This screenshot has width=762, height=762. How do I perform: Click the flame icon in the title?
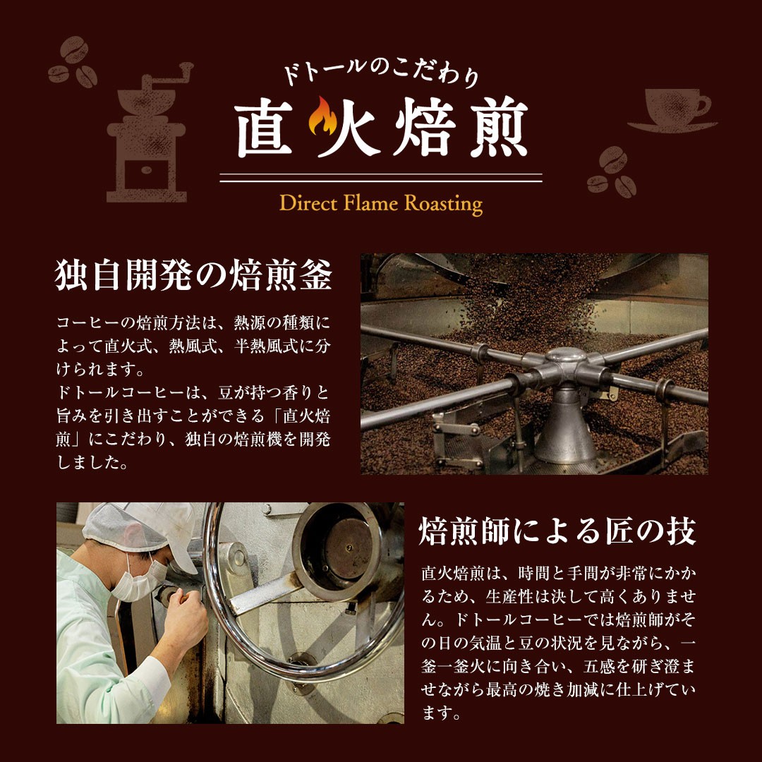pyautogui.click(x=322, y=116)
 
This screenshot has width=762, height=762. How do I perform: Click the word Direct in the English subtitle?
pyautogui.click(x=308, y=202)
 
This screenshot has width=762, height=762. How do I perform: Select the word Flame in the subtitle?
pyautogui.click(x=370, y=202)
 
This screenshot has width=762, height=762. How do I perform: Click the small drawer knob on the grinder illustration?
pyautogui.click(x=146, y=170)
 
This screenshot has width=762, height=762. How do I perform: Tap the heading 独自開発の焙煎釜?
pyautogui.click(x=193, y=274)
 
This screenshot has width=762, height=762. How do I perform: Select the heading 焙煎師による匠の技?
pyautogui.click(x=557, y=531)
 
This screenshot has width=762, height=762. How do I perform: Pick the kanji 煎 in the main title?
pyautogui.click(x=499, y=127)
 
